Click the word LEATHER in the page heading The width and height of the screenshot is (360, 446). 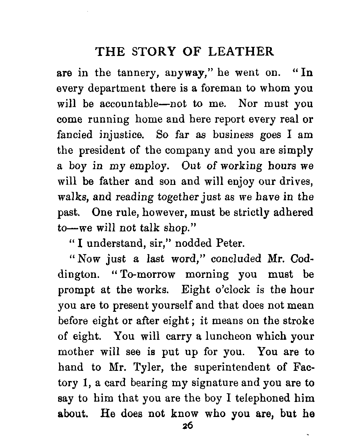(241, 51)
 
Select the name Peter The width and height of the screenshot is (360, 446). (229, 243)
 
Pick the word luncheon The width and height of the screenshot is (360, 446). (227, 336)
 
